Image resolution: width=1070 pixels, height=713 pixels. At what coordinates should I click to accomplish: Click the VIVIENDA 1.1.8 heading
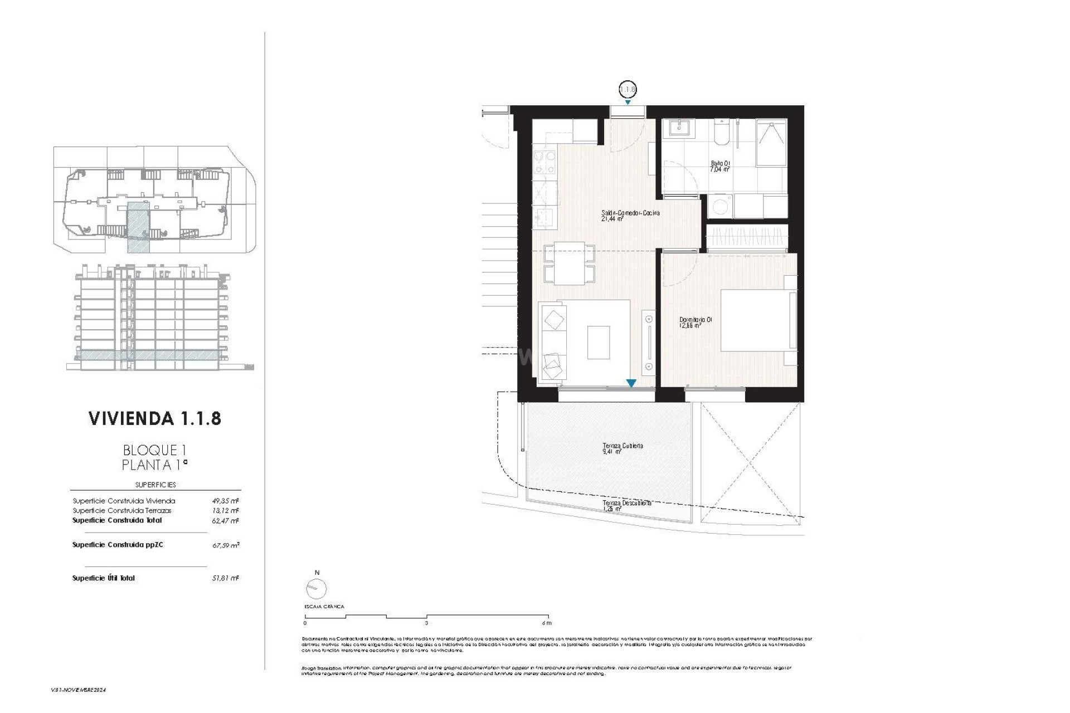pos(155,418)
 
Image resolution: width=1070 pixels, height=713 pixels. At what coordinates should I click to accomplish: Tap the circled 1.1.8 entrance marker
pos(628,89)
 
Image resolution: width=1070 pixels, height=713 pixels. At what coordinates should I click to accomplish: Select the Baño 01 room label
pos(719,166)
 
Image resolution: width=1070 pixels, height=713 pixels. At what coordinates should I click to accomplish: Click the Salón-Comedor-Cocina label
pos(630,216)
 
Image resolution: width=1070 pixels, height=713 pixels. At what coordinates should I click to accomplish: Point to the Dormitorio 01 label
pos(695,323)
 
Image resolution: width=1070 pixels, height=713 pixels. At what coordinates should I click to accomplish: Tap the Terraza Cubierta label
pos(622,448)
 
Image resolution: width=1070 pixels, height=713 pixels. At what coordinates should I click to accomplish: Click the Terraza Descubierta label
pos(626,505)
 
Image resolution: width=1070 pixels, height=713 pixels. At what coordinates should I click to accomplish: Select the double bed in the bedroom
pos(758,320)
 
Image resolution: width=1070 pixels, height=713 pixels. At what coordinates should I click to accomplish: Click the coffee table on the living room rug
pos(598,343)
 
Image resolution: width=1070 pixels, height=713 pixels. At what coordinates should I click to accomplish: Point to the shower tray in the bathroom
pos(771,143)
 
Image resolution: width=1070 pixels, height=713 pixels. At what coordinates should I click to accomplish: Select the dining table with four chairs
pos(569,263)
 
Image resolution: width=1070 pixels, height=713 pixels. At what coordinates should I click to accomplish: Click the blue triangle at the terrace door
pos(631,383)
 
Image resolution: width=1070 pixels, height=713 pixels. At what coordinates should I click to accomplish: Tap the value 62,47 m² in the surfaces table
pos(225,521)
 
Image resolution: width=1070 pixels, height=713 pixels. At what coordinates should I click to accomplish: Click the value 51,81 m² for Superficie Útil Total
pos(225,578)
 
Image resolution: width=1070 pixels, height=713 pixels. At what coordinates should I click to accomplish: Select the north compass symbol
pos(316,588)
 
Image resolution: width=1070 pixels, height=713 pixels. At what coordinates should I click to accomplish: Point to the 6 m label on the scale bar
pos(546,623)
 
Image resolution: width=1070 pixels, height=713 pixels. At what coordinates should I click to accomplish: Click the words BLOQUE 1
pos(154,450)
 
